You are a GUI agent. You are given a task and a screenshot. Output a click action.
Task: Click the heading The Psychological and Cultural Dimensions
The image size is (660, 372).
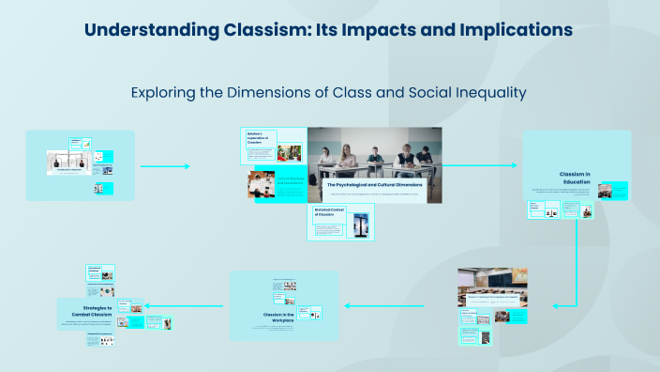coord(374,185)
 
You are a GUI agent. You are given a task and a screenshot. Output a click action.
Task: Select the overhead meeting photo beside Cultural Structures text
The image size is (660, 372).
coord(262,184)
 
